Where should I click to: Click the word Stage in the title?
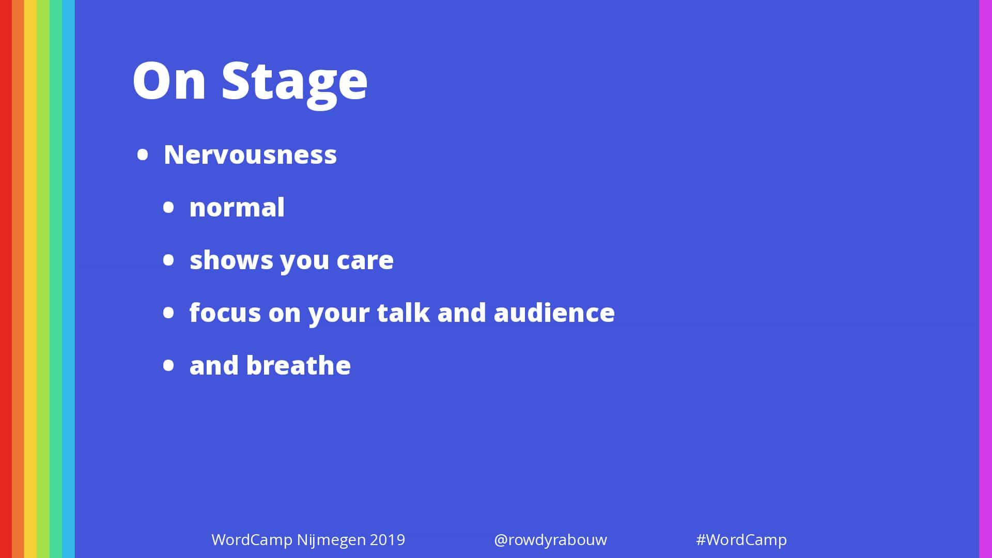click(x=295, y=83)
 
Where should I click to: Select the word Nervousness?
click(x=250, y=154)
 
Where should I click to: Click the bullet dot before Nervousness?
click(x=143, y=155)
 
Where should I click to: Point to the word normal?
click(x=237, y=207)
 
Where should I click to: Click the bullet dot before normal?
click(x=168, y=208)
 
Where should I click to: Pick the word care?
click(x=365, y=260)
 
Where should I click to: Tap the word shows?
click(x=231, y=259)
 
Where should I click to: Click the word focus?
click(x=225, y=312)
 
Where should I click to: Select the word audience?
click(x=554, y=312)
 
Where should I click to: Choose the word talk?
click(x=403, y=312)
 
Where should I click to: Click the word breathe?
click(x=299, y=365)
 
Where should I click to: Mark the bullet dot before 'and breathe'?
click(x=168, y=365)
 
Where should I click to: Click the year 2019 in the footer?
click(x=388, y=540)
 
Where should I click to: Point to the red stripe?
click(x=6, y=279)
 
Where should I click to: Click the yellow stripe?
click(x=30, y=279)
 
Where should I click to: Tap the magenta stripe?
click(x=985, y=279)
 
